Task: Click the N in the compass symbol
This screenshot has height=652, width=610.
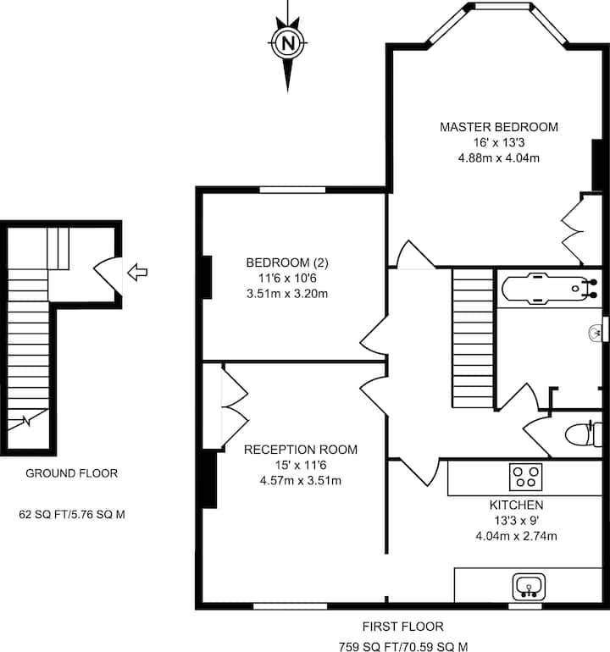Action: point(287,43)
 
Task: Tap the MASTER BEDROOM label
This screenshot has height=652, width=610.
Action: point(499,127)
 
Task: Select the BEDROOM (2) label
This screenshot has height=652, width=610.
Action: point(287,262)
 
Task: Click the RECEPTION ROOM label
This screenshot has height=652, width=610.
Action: point(301,450)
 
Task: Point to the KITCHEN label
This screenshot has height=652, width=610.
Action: point(516,505)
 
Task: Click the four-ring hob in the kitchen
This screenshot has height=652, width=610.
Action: point(525,477)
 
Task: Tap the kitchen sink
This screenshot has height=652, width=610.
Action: point(529,587)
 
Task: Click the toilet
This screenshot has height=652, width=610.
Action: point(584,434)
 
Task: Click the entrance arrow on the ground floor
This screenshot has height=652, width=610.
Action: point(137,273)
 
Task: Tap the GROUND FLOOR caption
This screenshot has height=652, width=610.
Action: point(71,473)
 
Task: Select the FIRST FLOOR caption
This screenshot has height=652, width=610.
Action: point(402,627)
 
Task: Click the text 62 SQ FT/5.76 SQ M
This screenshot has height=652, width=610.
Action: point(72,515)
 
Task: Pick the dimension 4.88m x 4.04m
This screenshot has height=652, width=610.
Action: point(499,158)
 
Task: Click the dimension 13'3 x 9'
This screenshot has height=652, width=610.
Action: point(516,521)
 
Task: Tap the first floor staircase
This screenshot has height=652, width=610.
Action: point(473,338)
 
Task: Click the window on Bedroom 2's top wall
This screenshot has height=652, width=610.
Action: point(292,190)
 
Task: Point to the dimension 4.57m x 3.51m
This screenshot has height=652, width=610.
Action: point(301,481)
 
